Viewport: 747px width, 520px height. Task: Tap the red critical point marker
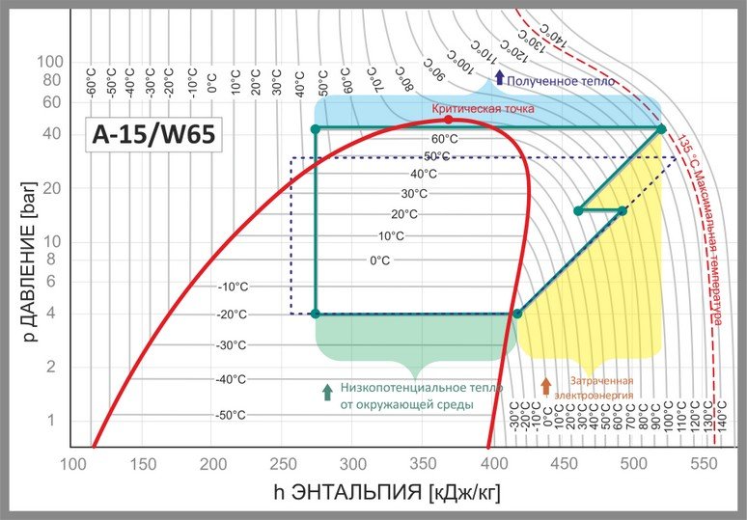[x=448, y=120]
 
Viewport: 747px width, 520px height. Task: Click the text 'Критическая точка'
[x=483, y=109]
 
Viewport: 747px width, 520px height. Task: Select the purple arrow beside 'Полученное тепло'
[x=499, y=78]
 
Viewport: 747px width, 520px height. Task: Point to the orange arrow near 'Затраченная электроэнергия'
[x=546, y=387]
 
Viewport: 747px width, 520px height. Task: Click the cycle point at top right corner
[x=661, y=128]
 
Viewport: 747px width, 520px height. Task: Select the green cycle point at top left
[x=315, y=128]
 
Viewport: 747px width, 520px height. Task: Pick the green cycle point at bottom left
[x=315, y=314]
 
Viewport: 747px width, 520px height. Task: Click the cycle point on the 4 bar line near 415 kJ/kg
[x=517, y=314]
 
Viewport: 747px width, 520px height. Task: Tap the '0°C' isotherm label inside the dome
[x=380, y=260]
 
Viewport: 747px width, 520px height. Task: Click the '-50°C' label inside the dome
[x=231, y=415]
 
